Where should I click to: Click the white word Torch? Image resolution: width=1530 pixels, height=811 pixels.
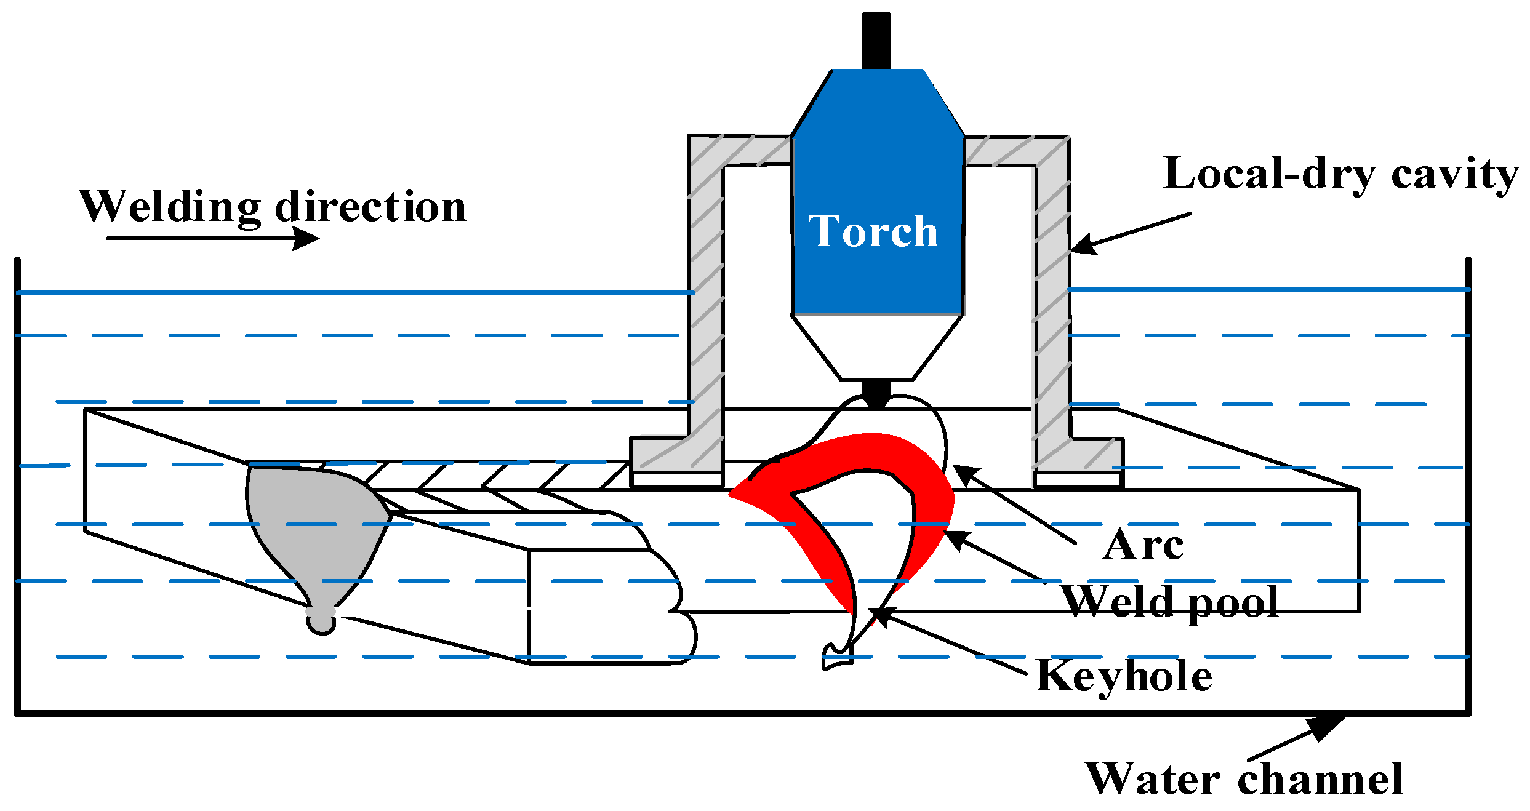click(873, 232)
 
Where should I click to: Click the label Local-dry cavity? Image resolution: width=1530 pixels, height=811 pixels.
click(1340, 174)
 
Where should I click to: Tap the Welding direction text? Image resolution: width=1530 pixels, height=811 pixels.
click(273, 207)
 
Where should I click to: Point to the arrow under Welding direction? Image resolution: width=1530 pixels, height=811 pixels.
click(212, 238)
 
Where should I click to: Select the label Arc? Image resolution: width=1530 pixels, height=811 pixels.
click(1143, 545)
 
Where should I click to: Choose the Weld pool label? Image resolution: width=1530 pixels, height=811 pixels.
click(1169, 602)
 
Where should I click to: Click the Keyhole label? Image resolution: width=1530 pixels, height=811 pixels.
click(1123, 676)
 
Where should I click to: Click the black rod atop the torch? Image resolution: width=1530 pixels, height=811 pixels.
click(876, 40)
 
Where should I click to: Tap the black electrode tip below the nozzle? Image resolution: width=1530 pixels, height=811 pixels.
click(876, 394)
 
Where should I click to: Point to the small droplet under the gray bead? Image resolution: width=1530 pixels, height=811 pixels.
click(321, 623)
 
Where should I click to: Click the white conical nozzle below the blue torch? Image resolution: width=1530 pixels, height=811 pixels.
click(876, 348)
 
